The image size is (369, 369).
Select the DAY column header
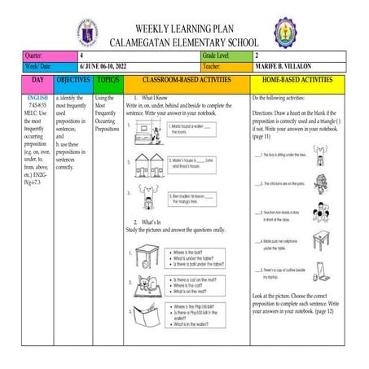point(37,82)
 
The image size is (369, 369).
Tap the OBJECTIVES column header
point(72,82)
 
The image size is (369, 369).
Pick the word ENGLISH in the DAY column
point(37,98)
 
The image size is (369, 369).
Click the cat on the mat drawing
point(147,286)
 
